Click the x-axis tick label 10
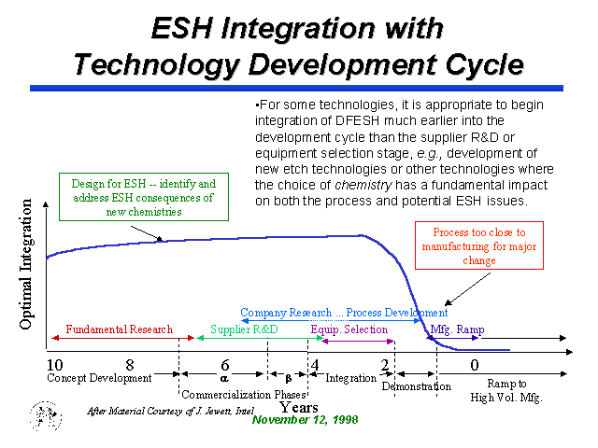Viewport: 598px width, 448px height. point(55,365)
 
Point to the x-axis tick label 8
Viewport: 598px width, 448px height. point(130,365)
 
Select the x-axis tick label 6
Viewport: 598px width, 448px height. point(225,365)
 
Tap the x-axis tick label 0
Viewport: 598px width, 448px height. point(475,365)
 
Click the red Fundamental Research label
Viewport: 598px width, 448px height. point(120,329)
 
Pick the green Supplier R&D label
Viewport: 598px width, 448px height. point(244,329)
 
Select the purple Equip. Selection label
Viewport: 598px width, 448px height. point(349,329)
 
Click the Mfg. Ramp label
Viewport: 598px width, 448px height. point(457,329)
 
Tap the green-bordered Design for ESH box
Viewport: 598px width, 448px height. point(144,197)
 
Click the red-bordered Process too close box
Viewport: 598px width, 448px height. point(479,245)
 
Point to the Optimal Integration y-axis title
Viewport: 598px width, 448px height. point(26,264)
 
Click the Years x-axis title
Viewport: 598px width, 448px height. point(299,408)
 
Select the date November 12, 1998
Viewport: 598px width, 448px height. point(306,420)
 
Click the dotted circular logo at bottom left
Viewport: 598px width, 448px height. point(46,416)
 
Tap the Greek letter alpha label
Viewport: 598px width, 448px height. point(224,378)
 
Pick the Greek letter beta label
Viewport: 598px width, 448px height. point(289,378)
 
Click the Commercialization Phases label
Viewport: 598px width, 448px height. point(244,394)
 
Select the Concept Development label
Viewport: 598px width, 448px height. point(99,378)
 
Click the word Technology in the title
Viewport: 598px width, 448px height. point(157,64)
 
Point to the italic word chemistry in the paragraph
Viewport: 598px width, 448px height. point(363,185)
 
